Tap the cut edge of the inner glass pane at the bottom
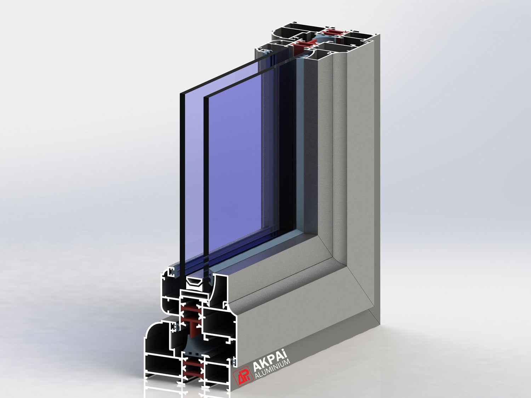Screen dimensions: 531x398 [x=206, y=276]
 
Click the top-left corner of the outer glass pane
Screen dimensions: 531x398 [x=180, y=93]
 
